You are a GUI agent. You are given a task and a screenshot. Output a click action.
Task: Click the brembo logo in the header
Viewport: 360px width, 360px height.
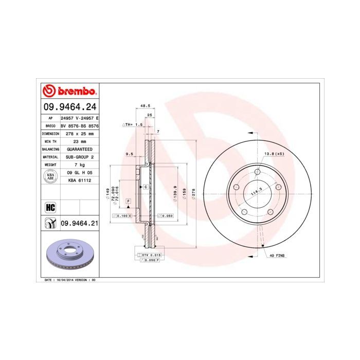[x=69, y=92]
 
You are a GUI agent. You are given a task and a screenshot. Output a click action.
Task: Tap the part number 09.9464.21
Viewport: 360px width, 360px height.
[x=79, y=223]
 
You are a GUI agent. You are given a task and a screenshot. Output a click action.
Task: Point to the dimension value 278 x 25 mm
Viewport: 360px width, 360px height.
[x=79, y=133]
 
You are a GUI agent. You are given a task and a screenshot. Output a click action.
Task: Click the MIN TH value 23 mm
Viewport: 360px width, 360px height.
[x=79, y=141]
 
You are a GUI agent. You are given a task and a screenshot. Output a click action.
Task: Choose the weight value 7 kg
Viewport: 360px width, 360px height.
[x=79, y=165]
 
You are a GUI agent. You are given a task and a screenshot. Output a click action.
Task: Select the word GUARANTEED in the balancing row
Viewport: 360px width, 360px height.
[x=79, y=149]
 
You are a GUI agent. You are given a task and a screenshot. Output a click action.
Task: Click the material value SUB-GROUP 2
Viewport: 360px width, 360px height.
[x=79, y=156]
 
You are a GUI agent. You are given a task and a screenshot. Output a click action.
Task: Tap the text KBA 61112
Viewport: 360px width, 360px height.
[x=79, y=181]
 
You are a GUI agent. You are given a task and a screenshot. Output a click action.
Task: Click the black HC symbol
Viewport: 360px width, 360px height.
[x=50, y=208]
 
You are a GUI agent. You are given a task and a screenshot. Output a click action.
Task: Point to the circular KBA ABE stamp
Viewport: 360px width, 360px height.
[x=50, y=176]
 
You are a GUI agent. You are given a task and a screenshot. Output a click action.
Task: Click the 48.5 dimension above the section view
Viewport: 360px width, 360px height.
[x=138, y=106]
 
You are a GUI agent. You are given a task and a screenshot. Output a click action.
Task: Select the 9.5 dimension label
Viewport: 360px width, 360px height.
[x=130, y=154]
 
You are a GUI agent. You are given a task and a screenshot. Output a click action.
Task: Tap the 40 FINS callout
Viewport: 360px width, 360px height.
[x=277, y=255]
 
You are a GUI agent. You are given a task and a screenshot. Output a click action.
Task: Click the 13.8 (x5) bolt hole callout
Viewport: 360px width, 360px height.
[x=274, y=154]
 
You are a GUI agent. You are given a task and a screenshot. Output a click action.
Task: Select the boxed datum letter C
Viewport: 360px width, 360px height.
[x=146, y=187]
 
